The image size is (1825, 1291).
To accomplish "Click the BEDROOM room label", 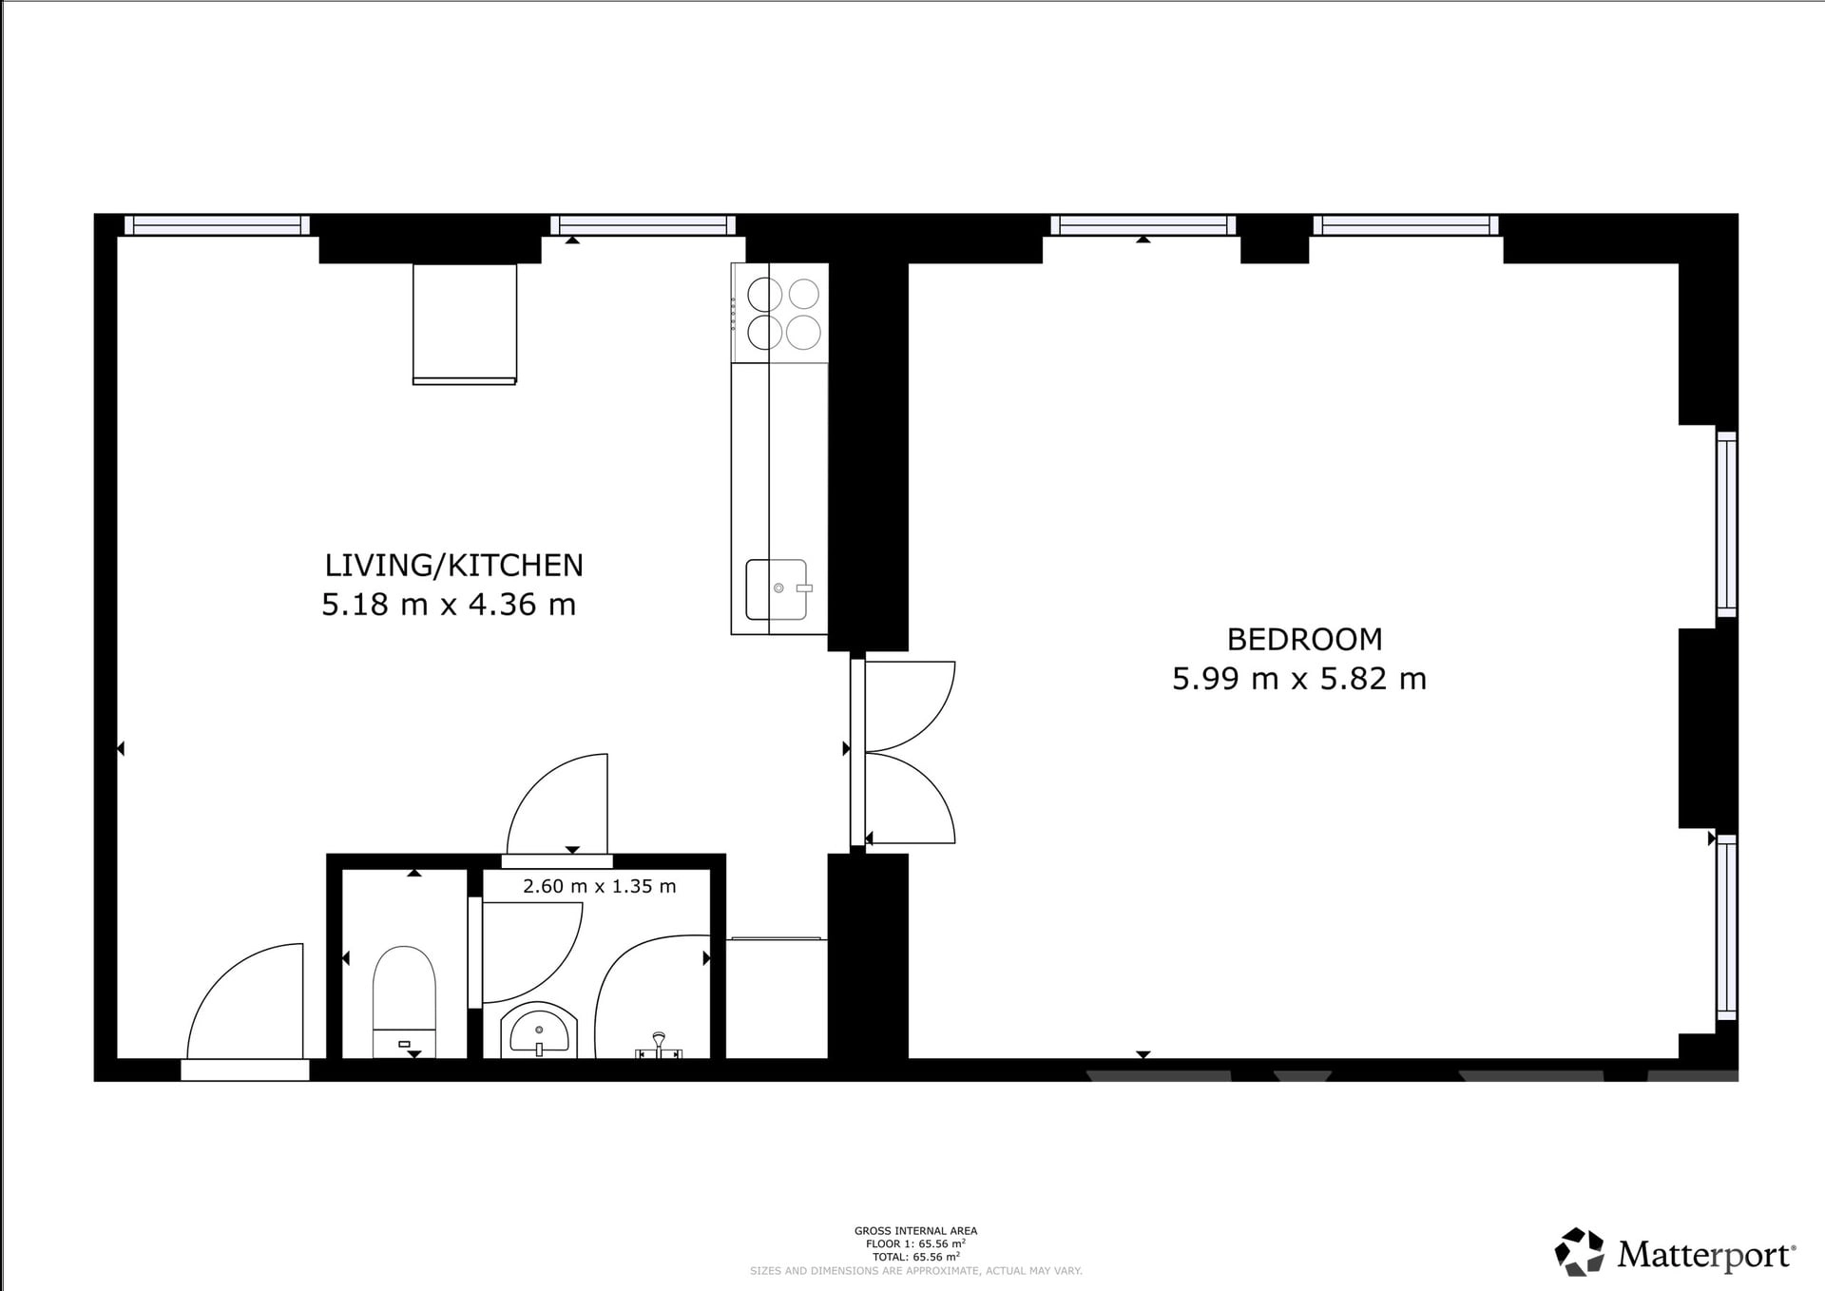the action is [x=1304, y=639].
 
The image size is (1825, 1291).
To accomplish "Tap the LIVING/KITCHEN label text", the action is [x=453, y=565].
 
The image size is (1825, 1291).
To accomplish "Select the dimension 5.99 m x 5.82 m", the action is [x=1299, y=679].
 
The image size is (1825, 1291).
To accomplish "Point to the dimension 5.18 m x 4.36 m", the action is [x=449, y=605].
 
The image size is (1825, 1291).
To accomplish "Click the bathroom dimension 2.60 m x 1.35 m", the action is [x=600, y=886].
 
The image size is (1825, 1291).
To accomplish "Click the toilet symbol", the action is [x=405, y=1002].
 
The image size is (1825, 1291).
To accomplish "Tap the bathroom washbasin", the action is [x=539, y=1030].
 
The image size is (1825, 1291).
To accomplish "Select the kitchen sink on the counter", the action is [x=777, y=589].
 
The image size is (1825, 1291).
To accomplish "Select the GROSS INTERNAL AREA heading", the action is [x=915, y=1231].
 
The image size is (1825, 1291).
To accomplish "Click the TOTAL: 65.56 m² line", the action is [x=915, y=1256].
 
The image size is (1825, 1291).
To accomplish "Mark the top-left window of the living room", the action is [x=217, y=225].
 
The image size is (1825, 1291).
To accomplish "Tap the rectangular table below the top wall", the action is [x=465, y=324].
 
